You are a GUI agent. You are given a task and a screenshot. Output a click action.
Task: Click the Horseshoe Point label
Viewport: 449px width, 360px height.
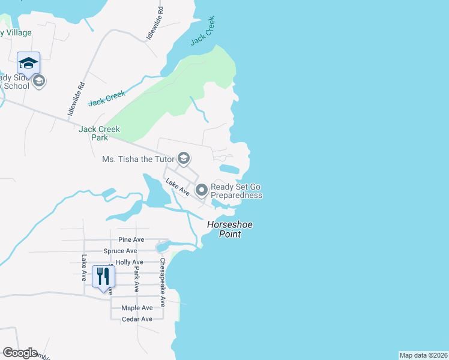[230, 229]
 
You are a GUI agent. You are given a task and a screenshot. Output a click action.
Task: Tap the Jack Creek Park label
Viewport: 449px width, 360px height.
[100, 133]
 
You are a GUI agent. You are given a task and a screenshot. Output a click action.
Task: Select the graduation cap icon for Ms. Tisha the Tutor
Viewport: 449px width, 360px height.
[184, 159]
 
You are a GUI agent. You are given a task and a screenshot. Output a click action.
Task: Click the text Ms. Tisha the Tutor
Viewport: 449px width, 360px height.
[138, 159]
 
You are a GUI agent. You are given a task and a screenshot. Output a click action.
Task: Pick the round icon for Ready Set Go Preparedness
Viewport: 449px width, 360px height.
[202, 191]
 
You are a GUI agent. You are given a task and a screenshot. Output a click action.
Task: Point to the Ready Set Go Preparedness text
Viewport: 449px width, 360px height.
[237, 191]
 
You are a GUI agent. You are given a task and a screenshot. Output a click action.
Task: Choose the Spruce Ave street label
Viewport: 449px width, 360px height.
[120, 251]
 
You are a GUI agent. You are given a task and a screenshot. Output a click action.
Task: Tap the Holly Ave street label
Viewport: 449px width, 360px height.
[129, 262]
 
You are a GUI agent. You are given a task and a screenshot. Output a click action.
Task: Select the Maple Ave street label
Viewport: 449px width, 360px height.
[137, 308]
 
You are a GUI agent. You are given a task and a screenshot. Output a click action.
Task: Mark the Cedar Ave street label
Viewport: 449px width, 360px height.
[137, 319]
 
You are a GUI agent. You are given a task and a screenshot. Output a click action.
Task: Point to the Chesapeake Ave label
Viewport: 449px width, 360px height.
[162, 283]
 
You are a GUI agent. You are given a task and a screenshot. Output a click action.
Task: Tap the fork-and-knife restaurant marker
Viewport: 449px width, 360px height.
[103, 277]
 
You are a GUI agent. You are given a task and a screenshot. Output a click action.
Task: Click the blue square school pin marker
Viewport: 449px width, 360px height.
[28, 62]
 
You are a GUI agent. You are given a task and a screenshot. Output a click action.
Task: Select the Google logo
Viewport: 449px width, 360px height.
[20, 353]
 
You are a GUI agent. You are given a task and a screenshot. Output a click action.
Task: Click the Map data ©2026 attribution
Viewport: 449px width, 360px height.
[423, 355]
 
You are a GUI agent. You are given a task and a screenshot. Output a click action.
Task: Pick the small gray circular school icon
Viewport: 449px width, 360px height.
[39, 81]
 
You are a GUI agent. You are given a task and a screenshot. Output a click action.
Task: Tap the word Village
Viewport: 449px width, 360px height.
[19, 32]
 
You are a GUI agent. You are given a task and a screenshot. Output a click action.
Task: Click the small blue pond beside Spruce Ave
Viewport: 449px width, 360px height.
[162, 246]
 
